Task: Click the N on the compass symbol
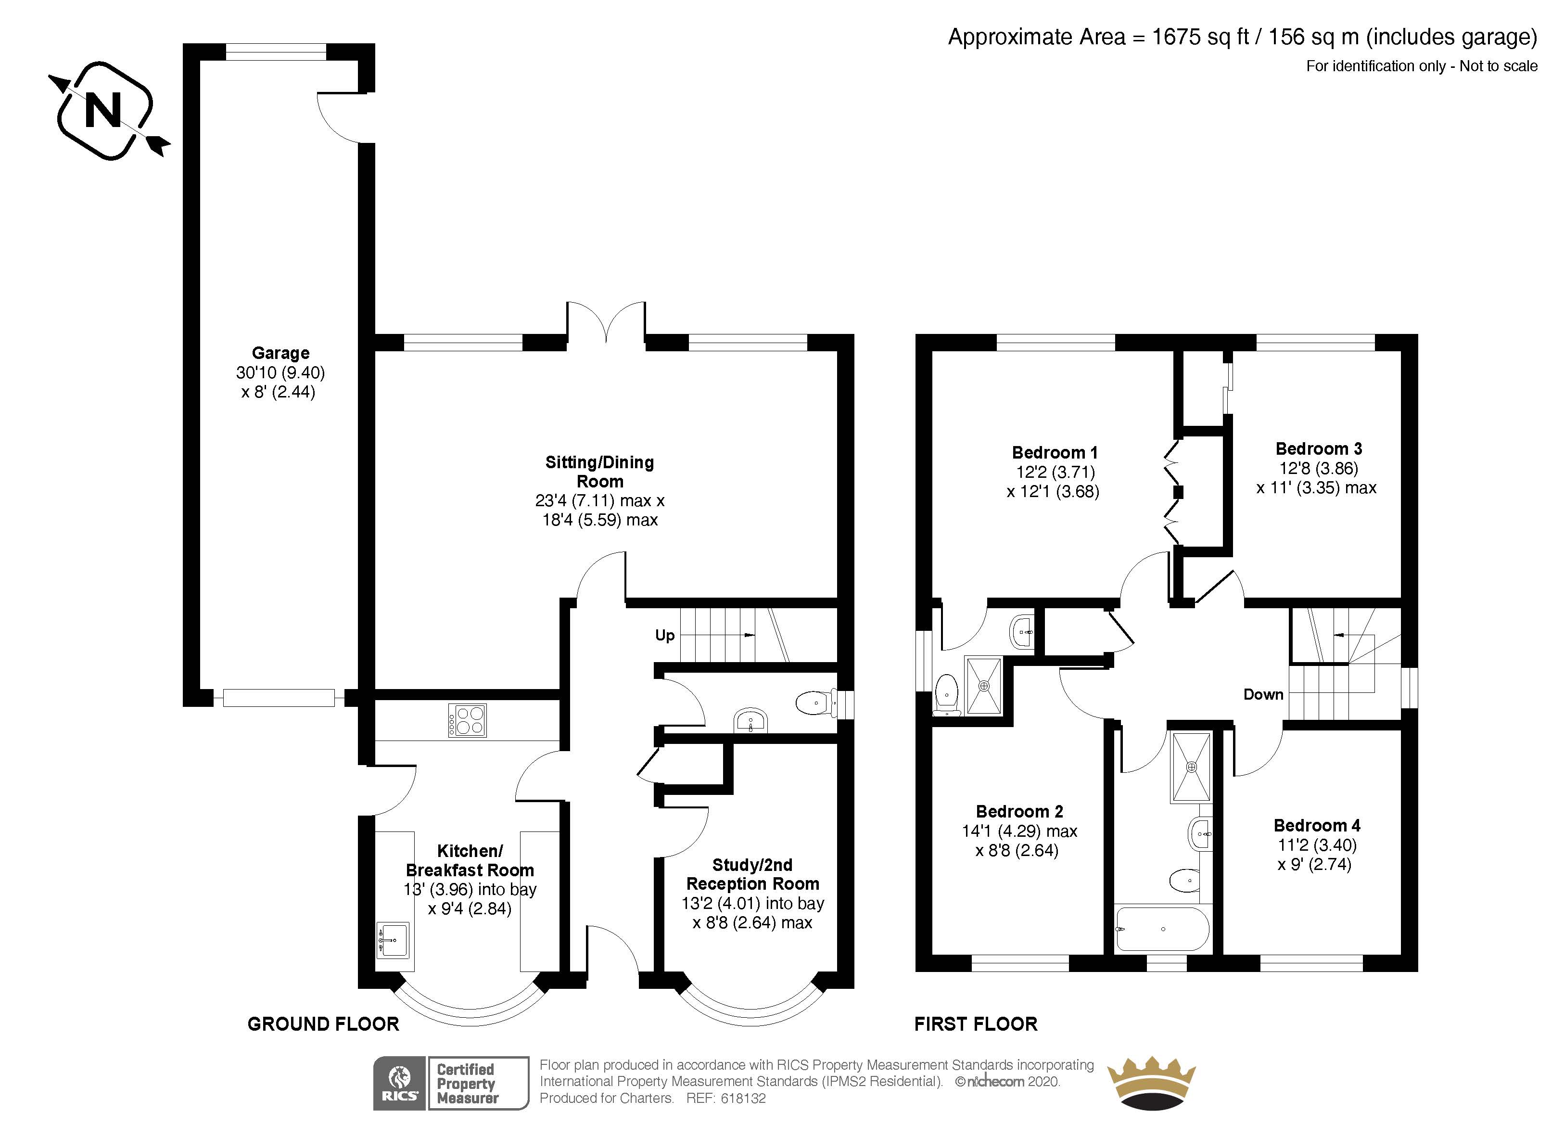pyautogui.click(x=103, y=110)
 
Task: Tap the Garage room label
pyautogui.click(x=280, y=353)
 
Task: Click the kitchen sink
pyautogui.click(x=394, y=939)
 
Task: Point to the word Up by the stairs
pyautogui.click(x=664, y=635)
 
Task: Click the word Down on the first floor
pyautogui.click(x=1263, y=694)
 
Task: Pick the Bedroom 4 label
pyautogui.click(x=1316, y=826)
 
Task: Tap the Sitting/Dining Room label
pyautogui.click(x=599, y=472)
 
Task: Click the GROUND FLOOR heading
pyautogui.click(x=323, y=1024)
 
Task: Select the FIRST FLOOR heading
pyautogui.click(x=975, y=1024)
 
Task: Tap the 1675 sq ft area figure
pyautogui.click(x=1200, y=37)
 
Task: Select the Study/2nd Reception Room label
pyautogui.click(x=752, y=874)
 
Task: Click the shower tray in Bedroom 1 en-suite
pyautogui.click(x=983, y=685)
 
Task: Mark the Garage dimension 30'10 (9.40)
pyautogui.click(x=280, y=373)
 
